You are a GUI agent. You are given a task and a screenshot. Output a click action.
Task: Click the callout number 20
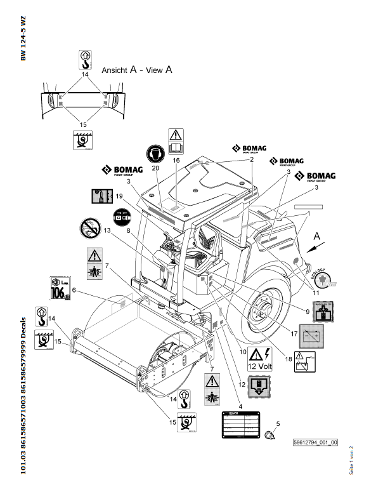click(155, 168)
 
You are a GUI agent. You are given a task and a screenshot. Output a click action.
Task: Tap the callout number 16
click(176, 162)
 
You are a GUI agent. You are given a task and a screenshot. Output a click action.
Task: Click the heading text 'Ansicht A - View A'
click(137, 72)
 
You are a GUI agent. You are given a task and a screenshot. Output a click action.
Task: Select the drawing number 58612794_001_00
click(315, 443)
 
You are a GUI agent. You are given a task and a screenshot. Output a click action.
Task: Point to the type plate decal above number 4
click(240, 424)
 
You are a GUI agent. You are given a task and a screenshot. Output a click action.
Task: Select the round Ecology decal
click(322, 277)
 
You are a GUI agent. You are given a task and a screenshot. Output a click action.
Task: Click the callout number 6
click(74, 290)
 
